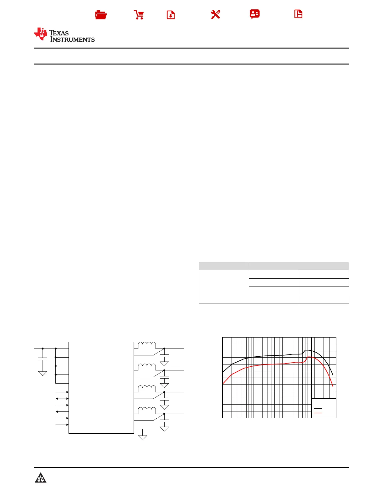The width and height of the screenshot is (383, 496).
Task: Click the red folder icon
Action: click(101, 15)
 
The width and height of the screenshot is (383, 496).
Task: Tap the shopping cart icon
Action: click(139, 15)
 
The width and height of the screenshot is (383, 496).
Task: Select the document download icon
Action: click(171, 15)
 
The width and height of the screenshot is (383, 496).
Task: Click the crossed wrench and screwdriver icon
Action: click(216, 14)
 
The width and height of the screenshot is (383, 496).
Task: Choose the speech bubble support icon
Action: click(255, 14)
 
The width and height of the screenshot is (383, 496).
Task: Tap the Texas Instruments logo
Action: click(64, 35)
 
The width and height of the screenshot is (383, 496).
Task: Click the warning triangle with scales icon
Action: click(41, 478)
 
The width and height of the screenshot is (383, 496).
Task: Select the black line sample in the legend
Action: click(318, 408)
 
